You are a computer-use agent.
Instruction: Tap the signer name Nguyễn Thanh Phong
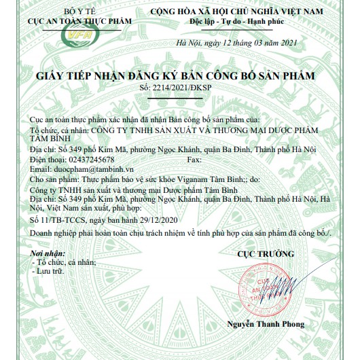(x=266, y=324)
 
